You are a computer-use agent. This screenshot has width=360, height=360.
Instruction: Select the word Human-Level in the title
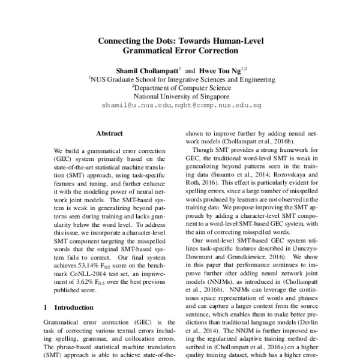239,41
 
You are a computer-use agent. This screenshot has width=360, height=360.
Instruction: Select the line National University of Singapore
181,95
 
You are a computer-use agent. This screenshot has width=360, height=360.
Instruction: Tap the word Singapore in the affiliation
212,95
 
